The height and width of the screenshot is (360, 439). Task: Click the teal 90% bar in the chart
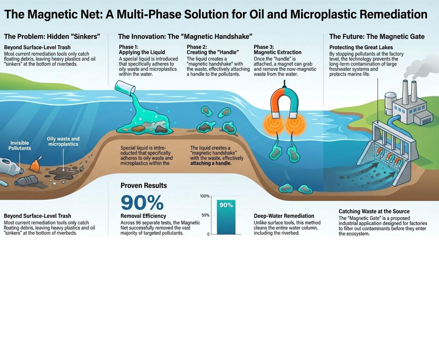pyautogui.click(x=226, y=217)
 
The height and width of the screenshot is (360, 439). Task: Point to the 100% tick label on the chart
pyautogui.click(x=204, y=196)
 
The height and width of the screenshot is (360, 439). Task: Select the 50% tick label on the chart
pyautogui.click(x=206, y=215)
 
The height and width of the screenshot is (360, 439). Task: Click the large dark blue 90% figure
pyautogui.click(x=142, y=203)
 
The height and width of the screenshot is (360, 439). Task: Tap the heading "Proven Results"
pyautogui.click(x=143, y=185)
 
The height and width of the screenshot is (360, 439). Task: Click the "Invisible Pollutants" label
pyautogui.click(x=20, y=145)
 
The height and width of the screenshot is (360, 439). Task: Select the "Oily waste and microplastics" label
pyautogui.click(x=63, y=142)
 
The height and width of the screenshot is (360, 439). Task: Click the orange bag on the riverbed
pyautogui.click(x=35, y=166)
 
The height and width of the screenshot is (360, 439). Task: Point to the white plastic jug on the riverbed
pyautogui.click(x=10, y=166)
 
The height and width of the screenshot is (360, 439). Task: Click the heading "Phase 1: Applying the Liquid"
pyautogui.click(x=142, y=50)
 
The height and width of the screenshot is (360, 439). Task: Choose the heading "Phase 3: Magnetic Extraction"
pyautogui.click(x=278, y=50)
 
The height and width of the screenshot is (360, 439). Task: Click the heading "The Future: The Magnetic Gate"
pyautogui.click(x=377, y=37)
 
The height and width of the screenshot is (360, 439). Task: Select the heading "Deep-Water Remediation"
pyautogui.click(x=284, y=216)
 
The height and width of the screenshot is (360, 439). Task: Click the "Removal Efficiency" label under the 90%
pyautogui.click(x=143, y=216)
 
